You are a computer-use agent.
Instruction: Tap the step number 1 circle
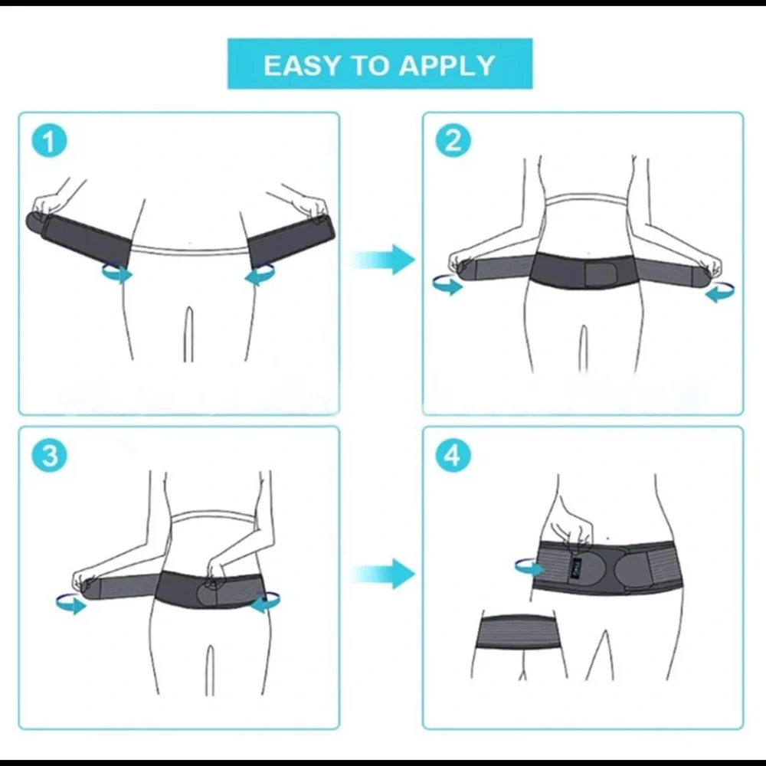click(50, 142)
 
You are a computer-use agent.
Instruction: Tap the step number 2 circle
click(453, 141)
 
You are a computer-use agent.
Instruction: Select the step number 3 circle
click(50, 457)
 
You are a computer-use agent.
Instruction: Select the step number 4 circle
click(453, 457)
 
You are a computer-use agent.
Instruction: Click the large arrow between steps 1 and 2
click(383, 259)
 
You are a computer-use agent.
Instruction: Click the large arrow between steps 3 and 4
click(383, 573)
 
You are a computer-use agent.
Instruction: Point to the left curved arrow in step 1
click(117, 273)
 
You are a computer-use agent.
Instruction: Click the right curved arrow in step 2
click(719, 292)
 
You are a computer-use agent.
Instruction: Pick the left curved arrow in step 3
click(71, 604)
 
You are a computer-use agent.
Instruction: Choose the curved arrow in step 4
click(529, 567)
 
